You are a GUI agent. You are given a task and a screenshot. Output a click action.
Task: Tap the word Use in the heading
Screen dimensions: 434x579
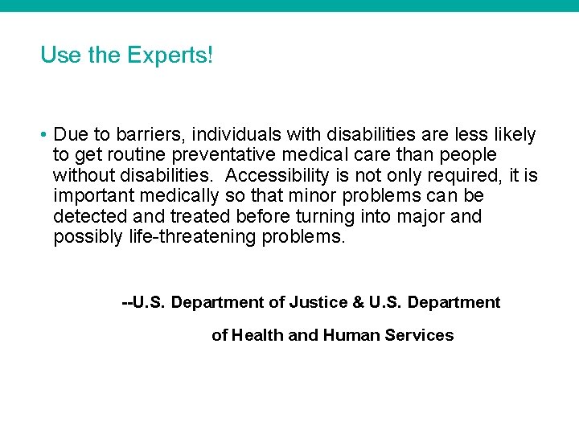(x=55, y=55)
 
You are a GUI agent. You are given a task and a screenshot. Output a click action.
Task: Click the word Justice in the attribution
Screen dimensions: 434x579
(x=319, y=303)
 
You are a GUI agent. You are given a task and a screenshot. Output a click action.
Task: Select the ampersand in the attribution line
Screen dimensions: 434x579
(x=358, y=303)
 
